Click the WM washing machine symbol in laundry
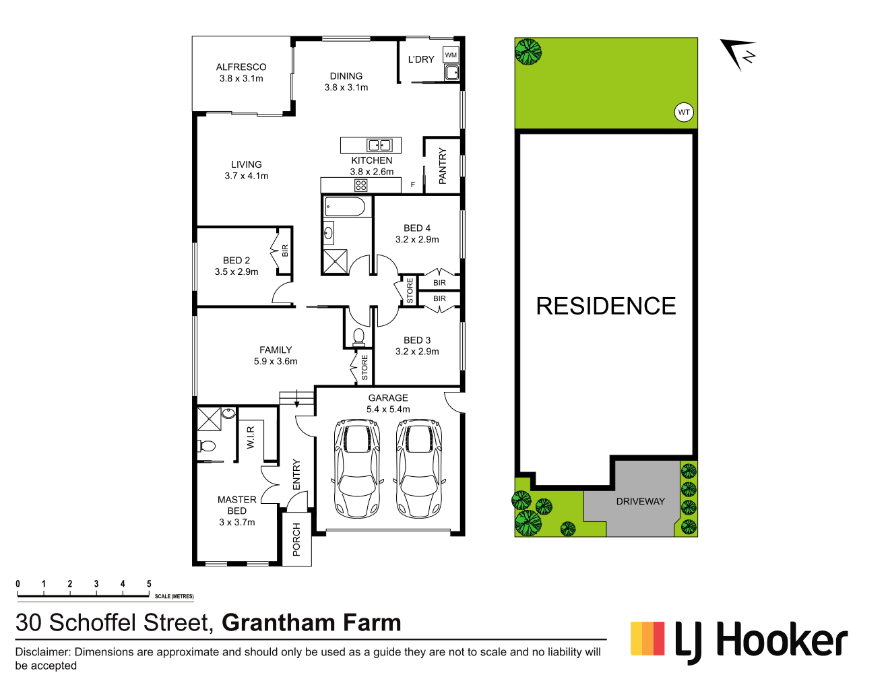451,55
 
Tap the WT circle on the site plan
684,112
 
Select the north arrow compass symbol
738,54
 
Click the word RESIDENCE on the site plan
606,306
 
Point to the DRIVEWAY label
640,501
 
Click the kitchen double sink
379,145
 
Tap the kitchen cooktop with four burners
360,185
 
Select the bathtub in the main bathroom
345,207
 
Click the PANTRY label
443,166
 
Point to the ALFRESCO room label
241,67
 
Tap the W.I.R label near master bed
251,437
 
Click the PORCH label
296,540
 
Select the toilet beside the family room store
358,335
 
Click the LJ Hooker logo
739,641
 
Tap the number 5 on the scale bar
149,584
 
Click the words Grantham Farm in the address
311,623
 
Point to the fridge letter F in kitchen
413,185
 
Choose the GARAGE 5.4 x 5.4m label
388,403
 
